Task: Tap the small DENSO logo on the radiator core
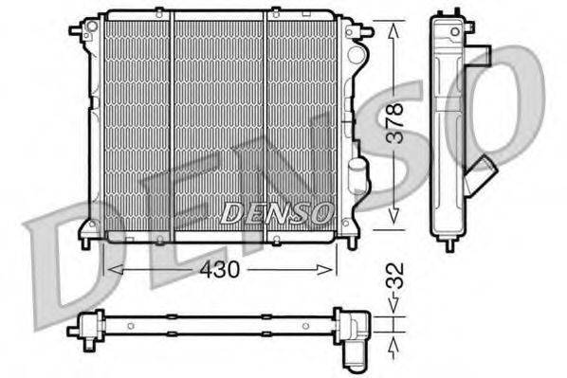point(276,213)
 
